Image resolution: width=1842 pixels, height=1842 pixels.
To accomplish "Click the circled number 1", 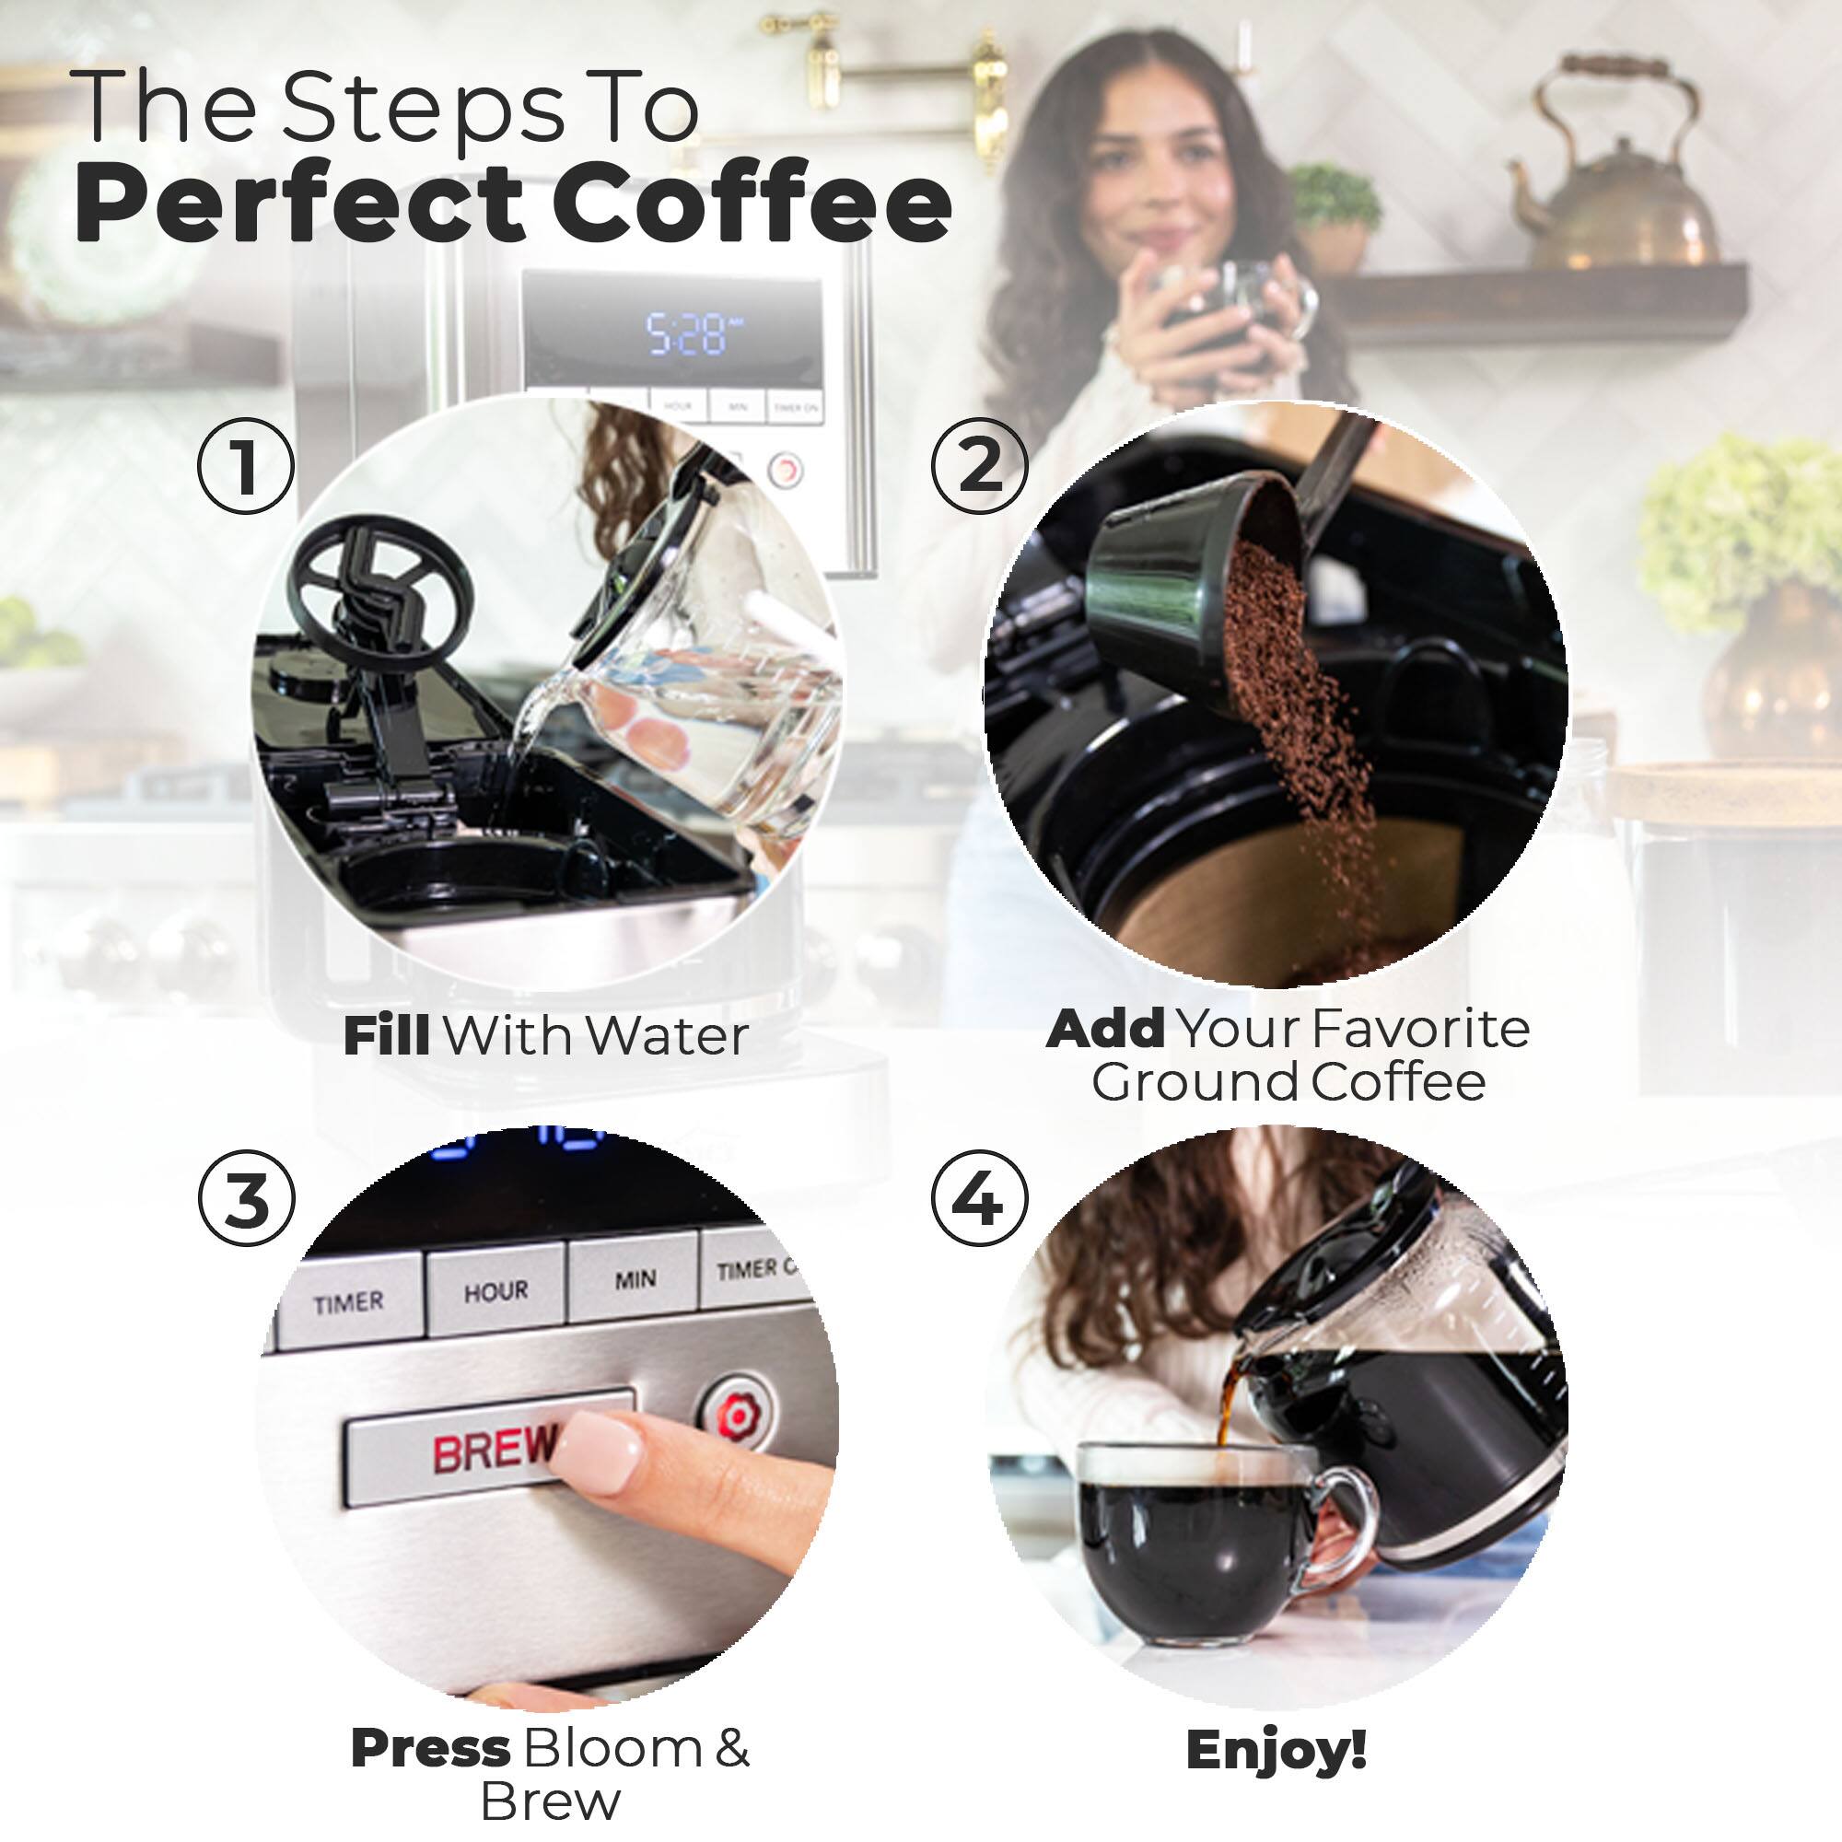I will (x=246, y=466).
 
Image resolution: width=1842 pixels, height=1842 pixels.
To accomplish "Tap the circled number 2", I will (x=979, y=466).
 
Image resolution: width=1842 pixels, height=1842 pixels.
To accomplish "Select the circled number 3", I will (x=246, y=1198).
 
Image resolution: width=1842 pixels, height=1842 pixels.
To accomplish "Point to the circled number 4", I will (x=979, y=1198).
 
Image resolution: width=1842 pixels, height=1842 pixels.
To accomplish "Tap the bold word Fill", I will (x=386, y=1036).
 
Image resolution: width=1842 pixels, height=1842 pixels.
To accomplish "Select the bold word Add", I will (x=1106, y=1029).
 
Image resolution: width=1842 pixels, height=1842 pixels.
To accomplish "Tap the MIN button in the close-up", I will (x=635, y=1278).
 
